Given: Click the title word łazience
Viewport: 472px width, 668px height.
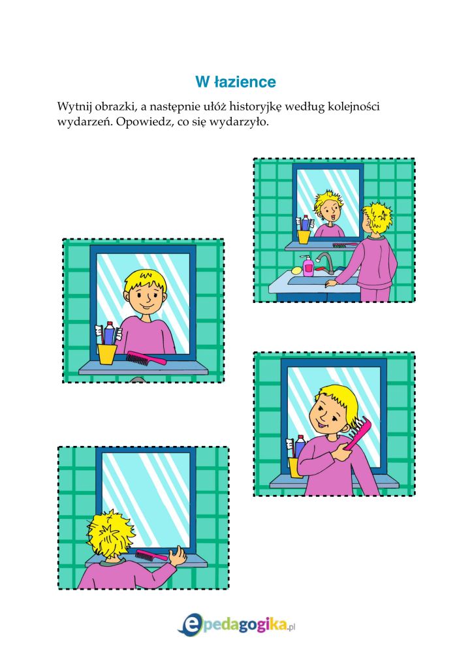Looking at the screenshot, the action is (x=245, y=82).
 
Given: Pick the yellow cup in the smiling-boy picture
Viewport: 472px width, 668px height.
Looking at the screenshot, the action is (x=106, y=354).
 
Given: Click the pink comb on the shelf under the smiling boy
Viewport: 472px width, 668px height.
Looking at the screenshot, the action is (x=146, y=358).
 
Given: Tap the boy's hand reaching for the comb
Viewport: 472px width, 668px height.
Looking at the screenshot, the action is (x=177, y=556).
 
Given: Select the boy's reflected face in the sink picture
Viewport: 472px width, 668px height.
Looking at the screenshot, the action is (x=330, y=212).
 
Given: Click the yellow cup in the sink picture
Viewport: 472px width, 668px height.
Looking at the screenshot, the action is (x=304, y=236).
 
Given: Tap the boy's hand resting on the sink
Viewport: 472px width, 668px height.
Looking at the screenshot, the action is (x=330, y=284).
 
